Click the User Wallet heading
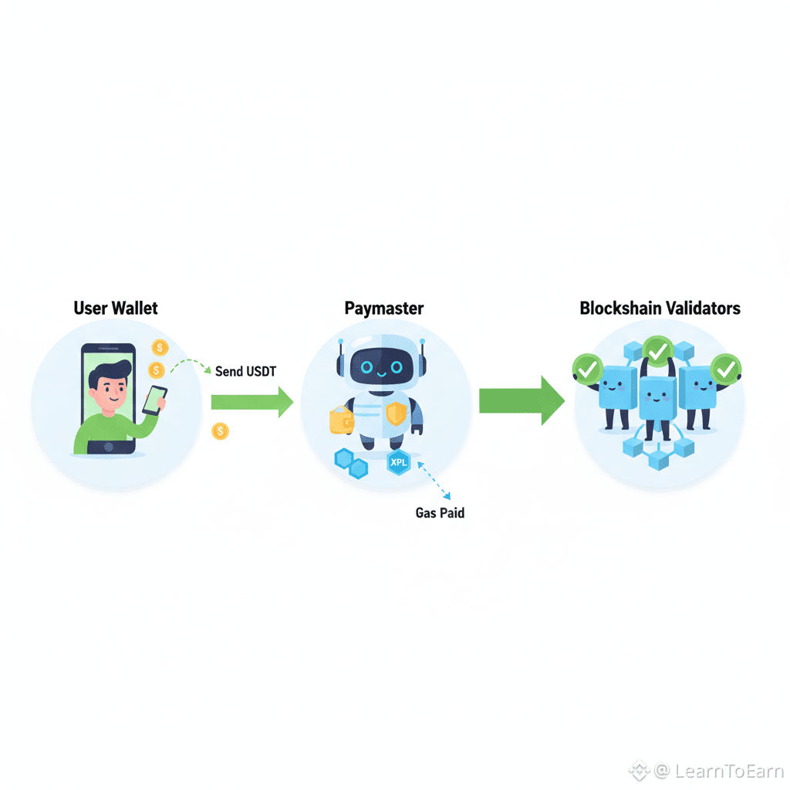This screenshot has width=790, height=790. point(116,308)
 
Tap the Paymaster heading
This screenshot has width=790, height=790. point(384,309)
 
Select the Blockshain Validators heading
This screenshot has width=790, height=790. point(660,308)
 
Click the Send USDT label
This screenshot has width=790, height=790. point(245,371)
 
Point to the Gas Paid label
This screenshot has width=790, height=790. point(440,513)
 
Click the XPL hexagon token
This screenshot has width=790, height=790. point(399,462)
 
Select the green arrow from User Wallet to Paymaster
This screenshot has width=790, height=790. point(252,402)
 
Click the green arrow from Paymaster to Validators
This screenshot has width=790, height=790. point(522,400)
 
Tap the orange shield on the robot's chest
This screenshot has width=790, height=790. point(397,414)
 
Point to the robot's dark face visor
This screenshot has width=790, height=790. point(381,366)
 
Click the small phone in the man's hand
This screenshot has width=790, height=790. point(154,400)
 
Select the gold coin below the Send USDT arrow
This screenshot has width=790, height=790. point(220,431)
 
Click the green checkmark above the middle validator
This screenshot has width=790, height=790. point(658,351)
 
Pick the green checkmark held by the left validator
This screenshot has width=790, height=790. point(587,370)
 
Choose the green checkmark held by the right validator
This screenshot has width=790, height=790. point(725,370)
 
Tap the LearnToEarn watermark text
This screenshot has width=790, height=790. point(728,771)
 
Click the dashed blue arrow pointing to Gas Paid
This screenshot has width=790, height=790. point(434,481)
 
